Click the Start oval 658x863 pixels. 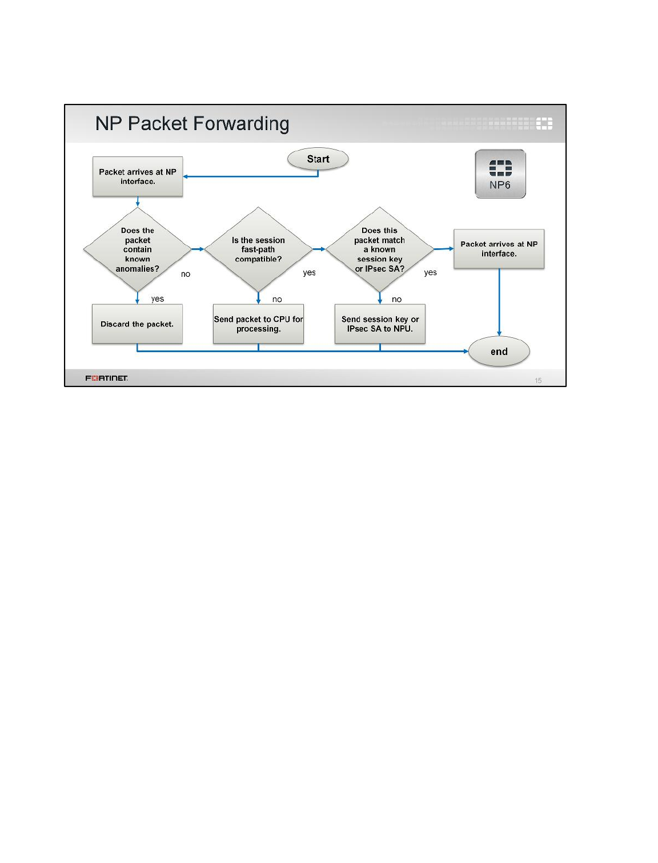(x=318, y=159)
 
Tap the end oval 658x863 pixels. (x=499, y=351)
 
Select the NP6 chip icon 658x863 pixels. (x=500, y=174)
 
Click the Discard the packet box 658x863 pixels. (x=137, y=324)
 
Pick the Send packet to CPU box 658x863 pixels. (x=258, y=324)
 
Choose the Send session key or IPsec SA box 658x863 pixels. (x=379, y=324)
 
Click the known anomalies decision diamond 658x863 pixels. (x=137, y=249)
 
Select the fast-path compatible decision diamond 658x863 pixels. (x=258, y=249)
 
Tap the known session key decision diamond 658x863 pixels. (x=379, y=249)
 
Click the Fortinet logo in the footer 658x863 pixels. (x=106, y=378)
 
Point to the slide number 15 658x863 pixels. (x=537, y=380)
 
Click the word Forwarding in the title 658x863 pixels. (x=240, y=124)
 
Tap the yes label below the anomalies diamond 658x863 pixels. (x=157, y=299)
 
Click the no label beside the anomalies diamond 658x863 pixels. (x=185, y=274)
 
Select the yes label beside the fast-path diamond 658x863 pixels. (x=309, y=272)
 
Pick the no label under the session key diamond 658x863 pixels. (x=396, y=299)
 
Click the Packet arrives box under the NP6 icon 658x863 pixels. (x=499, y=249)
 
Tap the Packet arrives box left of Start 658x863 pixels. (x=138, y=176)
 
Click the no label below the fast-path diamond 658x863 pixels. (x=277, y=299)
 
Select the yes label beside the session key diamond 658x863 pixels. (x=430, y=272)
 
